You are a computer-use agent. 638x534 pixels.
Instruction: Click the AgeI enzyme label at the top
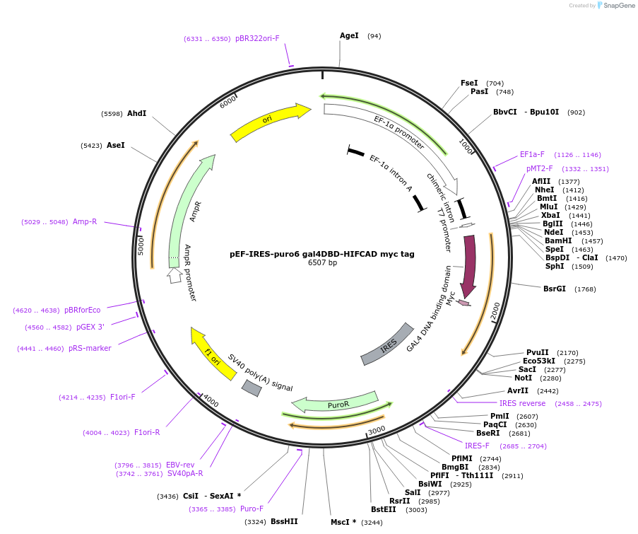click(349, 35)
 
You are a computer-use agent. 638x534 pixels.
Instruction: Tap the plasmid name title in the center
click(322, 254)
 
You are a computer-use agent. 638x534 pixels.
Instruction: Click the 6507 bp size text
click(322, 263)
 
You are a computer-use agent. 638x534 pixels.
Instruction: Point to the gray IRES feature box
click(387, 345)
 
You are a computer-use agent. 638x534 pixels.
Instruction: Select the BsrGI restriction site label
click(555, 289)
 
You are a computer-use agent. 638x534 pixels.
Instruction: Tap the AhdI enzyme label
click(136, 113)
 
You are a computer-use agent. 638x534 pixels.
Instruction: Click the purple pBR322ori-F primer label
click(257, 39)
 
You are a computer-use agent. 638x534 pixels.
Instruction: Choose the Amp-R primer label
click(85, 221)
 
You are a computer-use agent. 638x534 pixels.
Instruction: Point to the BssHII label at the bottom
click(284, 522)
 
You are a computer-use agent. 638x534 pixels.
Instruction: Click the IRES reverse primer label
click(522, 403)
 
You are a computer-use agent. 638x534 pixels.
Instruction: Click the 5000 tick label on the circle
click(141, 245)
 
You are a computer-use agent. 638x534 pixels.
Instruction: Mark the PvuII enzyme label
click(537, 352)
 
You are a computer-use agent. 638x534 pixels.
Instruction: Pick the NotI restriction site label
click(523, 378)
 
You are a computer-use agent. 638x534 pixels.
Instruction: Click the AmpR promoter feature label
click(190, 273)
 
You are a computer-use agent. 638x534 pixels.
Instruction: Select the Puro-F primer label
click(252, 509)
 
